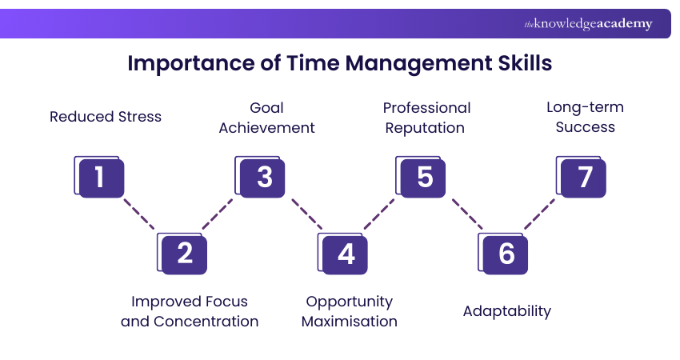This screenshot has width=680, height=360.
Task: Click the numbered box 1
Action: coord(99,177)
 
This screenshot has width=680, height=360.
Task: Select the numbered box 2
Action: coord(183,254)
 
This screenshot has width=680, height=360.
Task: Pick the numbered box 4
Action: coord(345,254)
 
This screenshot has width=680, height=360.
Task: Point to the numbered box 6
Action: coord(506,254)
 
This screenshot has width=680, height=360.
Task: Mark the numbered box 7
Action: coord(583,177)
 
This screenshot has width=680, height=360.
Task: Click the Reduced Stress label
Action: coord(106,117)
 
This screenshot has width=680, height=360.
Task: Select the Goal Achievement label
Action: coord(266,118)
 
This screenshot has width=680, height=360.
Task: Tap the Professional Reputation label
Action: coord(426,118)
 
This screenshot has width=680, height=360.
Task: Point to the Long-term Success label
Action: coord(585,117)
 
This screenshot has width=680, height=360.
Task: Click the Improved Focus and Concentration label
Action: coord(190,311)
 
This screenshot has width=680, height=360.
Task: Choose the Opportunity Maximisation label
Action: coord(350,311)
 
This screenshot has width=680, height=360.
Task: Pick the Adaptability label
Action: coord(507,311)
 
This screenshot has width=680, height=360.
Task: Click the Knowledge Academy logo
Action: coord(588,24)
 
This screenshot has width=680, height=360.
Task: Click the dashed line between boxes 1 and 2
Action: coord(140,214)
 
